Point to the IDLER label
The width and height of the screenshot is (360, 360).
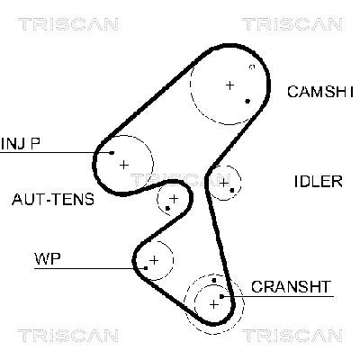(x=318, y=181)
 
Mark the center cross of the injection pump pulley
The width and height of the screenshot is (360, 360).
(x=123, y=164)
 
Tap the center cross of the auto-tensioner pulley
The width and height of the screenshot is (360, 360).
(x=173, y=197)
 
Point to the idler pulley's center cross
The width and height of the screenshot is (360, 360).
(x=223, y=183)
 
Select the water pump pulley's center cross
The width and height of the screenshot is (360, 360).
(x=154, y=260)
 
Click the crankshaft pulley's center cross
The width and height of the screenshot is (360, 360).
(x=213, y=303)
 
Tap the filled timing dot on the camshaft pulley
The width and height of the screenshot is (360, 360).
(x=247, y=101)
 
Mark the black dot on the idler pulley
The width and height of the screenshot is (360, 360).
(x=233, y=191)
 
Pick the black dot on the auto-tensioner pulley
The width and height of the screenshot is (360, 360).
(x=168, y=210)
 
